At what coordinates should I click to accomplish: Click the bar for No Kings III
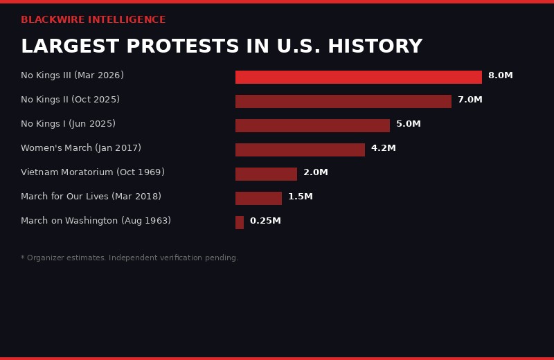358,77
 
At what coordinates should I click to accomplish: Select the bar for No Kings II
343,101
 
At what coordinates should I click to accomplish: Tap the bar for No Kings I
312,125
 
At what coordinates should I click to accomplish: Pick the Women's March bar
300,150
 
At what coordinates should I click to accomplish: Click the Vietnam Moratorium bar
266,174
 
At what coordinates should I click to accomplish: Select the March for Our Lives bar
258,198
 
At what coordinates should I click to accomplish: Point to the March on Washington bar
240,222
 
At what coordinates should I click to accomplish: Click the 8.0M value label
500,76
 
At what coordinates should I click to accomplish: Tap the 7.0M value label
470,100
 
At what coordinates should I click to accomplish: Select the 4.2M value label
383,149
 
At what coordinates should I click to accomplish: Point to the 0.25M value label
265,222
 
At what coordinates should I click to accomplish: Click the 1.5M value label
300,197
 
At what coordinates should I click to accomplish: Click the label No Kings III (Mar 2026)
72,76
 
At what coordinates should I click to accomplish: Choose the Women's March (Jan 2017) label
80,149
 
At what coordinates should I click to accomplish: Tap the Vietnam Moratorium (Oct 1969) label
92,173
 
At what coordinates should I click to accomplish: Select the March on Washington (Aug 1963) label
96,222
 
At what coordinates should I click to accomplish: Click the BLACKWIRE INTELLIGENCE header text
93,20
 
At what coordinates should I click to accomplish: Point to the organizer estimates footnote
129,258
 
